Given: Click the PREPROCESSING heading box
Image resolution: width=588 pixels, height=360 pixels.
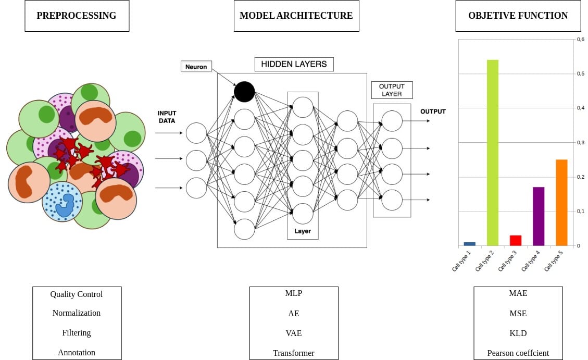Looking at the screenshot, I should point(77,16).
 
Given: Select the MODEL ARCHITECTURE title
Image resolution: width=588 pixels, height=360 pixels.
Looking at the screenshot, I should point(296,16).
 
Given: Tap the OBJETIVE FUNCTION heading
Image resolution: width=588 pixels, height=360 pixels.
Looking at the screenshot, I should point(518,16).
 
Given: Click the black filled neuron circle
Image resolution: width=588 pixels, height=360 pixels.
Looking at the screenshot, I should point(244,92).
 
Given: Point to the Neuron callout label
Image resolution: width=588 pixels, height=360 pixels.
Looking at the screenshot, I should point(196,67).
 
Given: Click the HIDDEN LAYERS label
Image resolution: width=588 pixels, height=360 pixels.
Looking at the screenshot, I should point(294,64).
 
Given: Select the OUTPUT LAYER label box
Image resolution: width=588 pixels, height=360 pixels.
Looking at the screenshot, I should point(392,90).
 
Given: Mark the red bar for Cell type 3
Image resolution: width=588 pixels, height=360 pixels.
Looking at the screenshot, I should point(516,240).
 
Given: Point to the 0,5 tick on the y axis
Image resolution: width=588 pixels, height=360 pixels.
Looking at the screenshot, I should point(580,73).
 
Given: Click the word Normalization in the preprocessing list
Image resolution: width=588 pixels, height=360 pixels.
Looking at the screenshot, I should point(77,313).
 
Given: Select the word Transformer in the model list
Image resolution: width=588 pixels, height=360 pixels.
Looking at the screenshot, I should point(294,353).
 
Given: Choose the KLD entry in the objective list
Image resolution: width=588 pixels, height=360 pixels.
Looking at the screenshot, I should point(518,333).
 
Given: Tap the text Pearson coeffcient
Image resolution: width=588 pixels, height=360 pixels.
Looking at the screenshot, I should point(518,353).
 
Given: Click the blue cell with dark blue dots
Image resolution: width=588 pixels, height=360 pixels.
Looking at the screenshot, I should point(62,201).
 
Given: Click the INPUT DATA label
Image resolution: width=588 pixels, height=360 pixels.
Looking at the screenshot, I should point(167,117).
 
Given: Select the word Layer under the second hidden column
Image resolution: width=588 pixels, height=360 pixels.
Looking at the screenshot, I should point(302,231).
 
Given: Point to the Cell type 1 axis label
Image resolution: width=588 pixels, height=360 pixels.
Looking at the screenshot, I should point(462,260).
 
